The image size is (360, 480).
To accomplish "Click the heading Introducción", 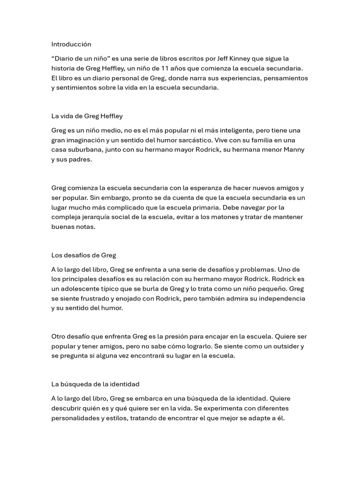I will point(71,44).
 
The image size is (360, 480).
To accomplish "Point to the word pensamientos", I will point(286,78).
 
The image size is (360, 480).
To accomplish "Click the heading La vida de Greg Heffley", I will point(87,116).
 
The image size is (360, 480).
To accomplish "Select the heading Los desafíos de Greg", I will point(84,255).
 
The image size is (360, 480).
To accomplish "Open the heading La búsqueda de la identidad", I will point(96,384).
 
